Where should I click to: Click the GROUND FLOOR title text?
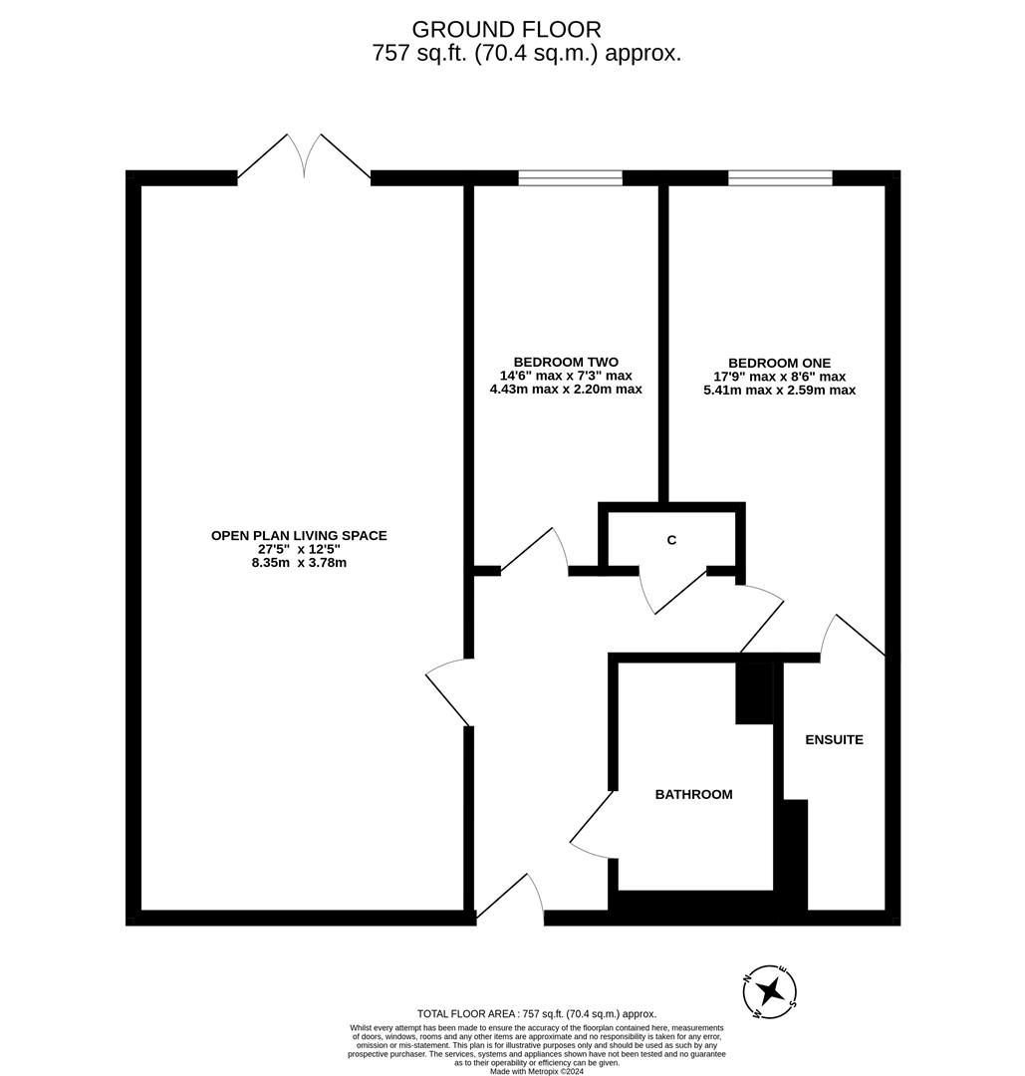pos(506,30)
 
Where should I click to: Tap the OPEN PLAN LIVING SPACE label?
pos(299,536)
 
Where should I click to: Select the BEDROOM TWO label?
pos(566,362)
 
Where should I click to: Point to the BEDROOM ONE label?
pos(779,364)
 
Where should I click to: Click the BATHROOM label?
pos(693,794)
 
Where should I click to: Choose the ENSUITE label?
pos(834,739)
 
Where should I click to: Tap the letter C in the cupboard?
pos(671,540)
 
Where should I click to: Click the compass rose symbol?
pos(770,991)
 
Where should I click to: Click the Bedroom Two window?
pos(570,178)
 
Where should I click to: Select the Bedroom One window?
pos(780,178)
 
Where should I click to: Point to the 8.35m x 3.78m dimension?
pos(299,563)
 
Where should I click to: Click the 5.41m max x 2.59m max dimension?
pos(779,391)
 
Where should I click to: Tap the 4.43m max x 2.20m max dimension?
pos(566,390)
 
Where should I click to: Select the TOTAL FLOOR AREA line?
pos(537,1014)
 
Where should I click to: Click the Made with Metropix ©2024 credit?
pos(537,1071)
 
